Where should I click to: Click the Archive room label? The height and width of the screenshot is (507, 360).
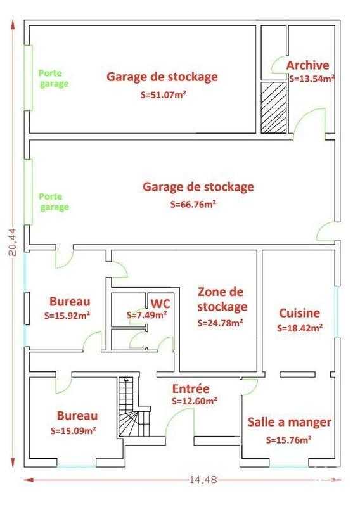pos(307,65)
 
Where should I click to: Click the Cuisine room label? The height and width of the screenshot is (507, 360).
pos(299,313)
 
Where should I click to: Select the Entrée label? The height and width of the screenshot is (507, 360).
pos(191,389)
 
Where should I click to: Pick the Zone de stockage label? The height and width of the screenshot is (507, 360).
pos(221,300)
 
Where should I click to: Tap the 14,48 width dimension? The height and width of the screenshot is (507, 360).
pos(203,480)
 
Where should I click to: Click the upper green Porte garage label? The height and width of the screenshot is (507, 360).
pos(53,78)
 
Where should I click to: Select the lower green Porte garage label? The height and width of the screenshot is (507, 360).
pos(54,202)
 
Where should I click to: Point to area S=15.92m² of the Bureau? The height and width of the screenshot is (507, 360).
pos(70,315)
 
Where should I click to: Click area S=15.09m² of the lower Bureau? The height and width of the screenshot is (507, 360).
pos(74,430)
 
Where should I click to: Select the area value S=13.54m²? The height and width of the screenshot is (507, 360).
pos(312,80)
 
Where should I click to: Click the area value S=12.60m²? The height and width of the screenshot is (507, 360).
pos(195,401)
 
